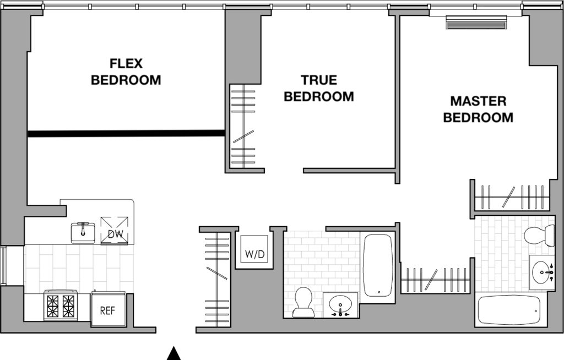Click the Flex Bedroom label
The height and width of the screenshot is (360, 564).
[x=126, y=72]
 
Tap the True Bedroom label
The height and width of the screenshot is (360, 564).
[x=319, y=88]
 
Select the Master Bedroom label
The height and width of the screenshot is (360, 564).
[x=478, y=110]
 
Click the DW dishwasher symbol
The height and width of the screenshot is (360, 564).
[x=115, y=231]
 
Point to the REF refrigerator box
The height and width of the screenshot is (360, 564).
[x=107, y=310]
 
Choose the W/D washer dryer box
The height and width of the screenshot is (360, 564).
[x=254, y=249]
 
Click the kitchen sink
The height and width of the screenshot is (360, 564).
[x=83, y=232]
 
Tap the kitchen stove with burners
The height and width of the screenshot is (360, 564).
[x=61, y=304]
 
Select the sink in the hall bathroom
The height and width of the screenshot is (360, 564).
[x=340, y=305]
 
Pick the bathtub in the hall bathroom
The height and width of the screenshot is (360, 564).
[x=377, y=265]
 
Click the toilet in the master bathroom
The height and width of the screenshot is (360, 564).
[x=539, y=235]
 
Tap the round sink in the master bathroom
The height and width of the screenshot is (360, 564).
[x=542, y=272]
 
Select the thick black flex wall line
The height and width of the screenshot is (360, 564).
[x=127, y=134]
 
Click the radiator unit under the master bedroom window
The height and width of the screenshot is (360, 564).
[x=476, y=22]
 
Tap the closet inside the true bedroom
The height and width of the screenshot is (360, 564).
[x=243, y=126]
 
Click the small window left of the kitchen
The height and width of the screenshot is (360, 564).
[x=3, y=266]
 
